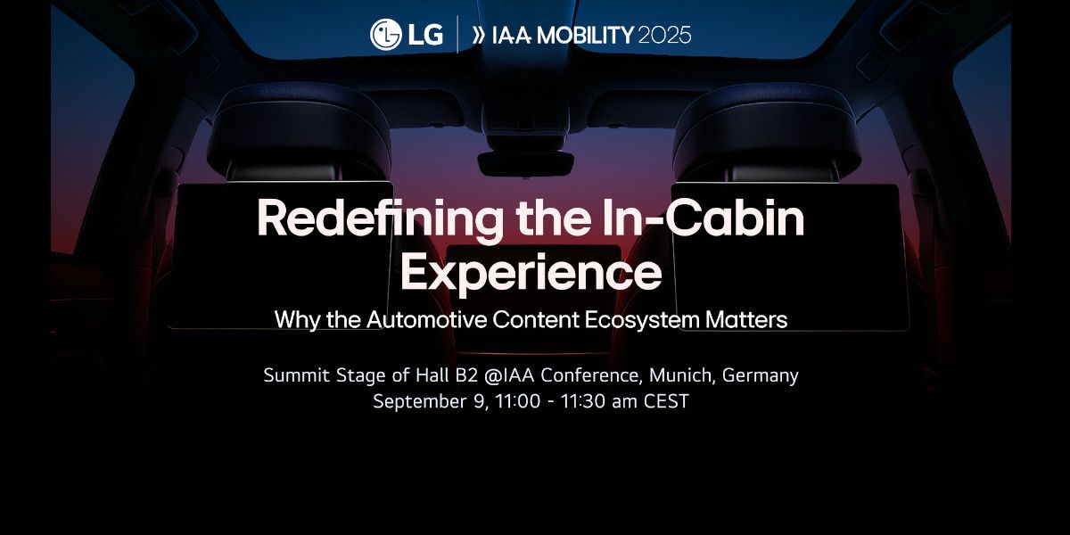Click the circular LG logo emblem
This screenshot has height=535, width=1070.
tap(385, 35)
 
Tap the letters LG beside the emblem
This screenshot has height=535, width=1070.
tap(425, 35)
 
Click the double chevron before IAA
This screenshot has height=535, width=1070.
tap(478, 35)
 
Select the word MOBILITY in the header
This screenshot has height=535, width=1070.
tap(585, 35)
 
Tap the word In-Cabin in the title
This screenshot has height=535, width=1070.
tap(703, 218)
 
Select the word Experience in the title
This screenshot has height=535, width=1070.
tap(531, 273)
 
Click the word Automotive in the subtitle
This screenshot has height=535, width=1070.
tap(426, 319)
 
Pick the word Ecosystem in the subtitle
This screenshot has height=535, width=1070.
tap(641, 320)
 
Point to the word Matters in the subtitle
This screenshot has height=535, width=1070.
tap(746, 319)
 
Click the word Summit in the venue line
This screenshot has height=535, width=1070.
tap(297, 375)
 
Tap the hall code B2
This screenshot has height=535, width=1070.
tap(466, 375)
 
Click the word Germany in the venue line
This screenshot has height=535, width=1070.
tap(760, 376)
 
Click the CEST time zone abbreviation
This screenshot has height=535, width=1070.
tap(666, 400)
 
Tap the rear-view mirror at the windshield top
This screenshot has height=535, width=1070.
tap(525, 162)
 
